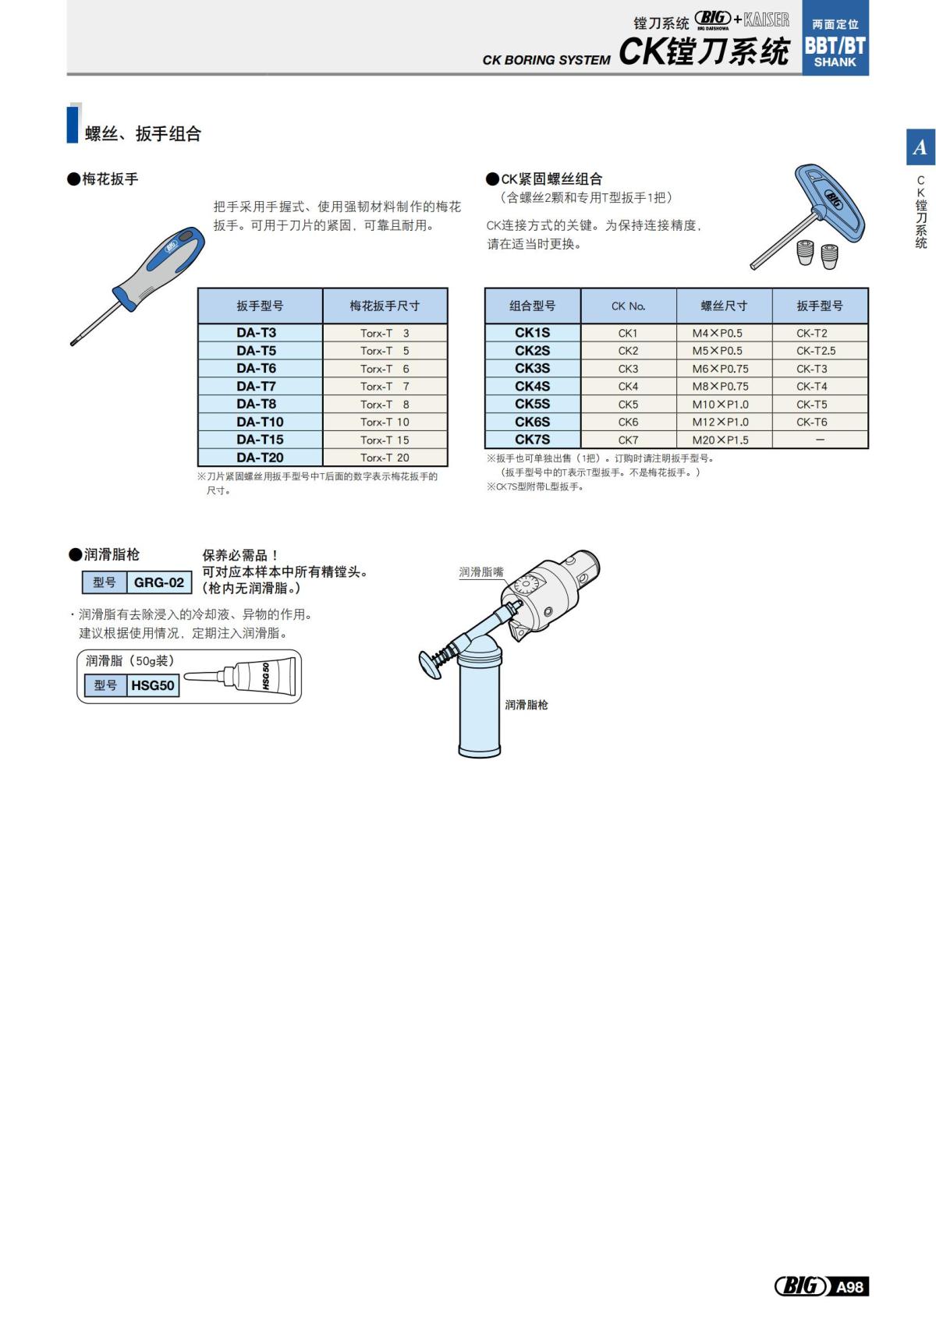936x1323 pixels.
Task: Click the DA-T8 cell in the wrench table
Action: pyautogui.click(x=257, y=404)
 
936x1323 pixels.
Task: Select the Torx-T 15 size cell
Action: pyautogui.click(x=385, y=440)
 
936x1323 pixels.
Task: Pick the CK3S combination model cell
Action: pyautogui.click(x=532, y=368)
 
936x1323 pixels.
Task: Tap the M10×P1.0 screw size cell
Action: pyautogui.click(x=720, y=404)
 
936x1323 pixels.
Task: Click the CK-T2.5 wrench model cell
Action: pyautogui.click(x=815, y=351)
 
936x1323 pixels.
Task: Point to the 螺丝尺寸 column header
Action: pyautogui.click(x=724, y=306)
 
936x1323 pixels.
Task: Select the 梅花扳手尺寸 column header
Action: pyautogui.click(x=385, y=306)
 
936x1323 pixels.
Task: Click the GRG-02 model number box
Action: pyautogui.click(x=159, y=582)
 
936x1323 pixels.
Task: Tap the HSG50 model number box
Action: pyautogui.click(x=153, y=685)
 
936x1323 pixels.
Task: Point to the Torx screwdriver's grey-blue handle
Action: pyautogui.click(x=164, y=265)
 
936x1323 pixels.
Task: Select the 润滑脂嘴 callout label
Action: pyautogui.click(x=481, y=572)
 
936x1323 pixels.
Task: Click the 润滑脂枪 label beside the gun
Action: pyautogui.click(x=526, y=705)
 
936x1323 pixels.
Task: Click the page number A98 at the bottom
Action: pyautogui.click(x=849, y=1287)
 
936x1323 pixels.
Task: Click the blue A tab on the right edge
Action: pyautogui.click(x=920, y=147)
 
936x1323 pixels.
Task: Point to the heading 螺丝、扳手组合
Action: pyautogui.click(x=143, y=134)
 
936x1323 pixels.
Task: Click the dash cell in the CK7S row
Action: pyautogui.click(x=820, y=440)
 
